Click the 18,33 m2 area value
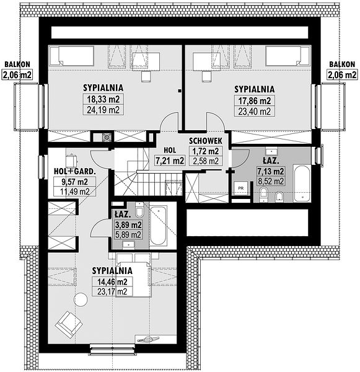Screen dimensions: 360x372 click(103, 99)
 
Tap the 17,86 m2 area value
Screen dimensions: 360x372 click(255, 101)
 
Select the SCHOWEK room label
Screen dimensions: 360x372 click(206, 141)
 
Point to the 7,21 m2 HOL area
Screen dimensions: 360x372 click(170, 161)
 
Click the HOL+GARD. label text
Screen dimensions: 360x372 click(75, 171)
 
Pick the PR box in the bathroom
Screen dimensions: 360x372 click(241, 188)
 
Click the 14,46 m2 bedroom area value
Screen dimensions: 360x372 click(112, 282)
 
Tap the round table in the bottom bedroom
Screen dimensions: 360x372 click(81, 299)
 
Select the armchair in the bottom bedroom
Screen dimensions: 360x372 click(69, 324)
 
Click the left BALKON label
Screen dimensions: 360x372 click(17, 64)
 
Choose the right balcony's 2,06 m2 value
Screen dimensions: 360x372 click(342, 75)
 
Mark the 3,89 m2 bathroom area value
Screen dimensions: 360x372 click(128, 224)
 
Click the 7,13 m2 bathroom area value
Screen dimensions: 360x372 click(271, 171)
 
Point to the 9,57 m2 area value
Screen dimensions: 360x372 click(75, 182)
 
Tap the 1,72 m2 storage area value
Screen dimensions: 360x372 click(206, 151)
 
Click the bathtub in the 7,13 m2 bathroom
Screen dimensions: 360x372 click(302, 184)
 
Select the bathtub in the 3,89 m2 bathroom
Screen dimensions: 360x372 click(158, 226)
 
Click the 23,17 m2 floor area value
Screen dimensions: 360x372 click(112, 291)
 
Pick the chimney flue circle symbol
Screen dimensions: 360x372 click(107, 137)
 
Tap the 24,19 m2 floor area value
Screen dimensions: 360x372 click(103, 110)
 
